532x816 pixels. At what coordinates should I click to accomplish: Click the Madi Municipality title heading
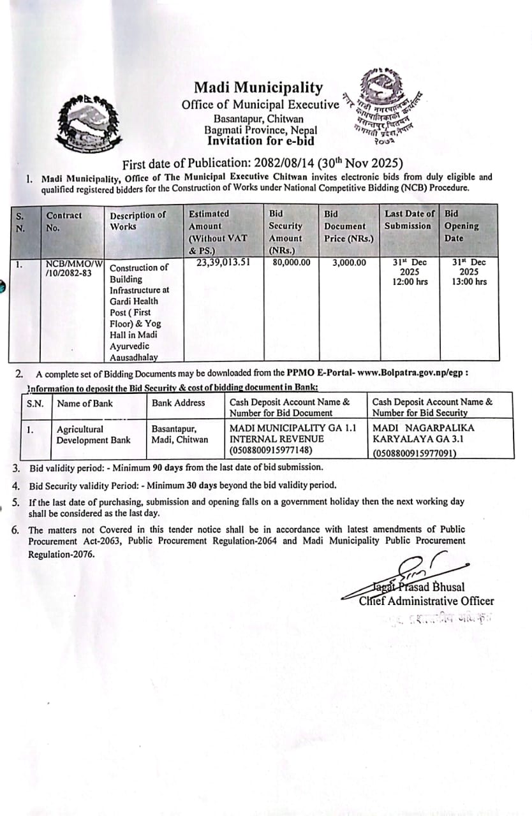(x=258, y=88)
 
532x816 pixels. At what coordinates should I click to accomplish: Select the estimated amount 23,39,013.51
(x=223, y=261)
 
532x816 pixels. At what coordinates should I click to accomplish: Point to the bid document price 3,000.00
(x=350, y=262)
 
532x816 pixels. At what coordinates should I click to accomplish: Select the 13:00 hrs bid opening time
(x=469, y=281)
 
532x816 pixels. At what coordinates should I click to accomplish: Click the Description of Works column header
(x=137, y=221)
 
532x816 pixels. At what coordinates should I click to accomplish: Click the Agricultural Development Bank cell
(x=93, y=434)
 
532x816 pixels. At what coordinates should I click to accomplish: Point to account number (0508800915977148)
(x=270, y=450)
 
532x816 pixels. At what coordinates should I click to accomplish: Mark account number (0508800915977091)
(x=415, y=454)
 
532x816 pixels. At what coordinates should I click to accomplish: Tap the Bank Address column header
(x=179, y=403)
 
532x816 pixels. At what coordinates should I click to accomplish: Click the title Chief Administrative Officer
(x=426, y=601)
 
